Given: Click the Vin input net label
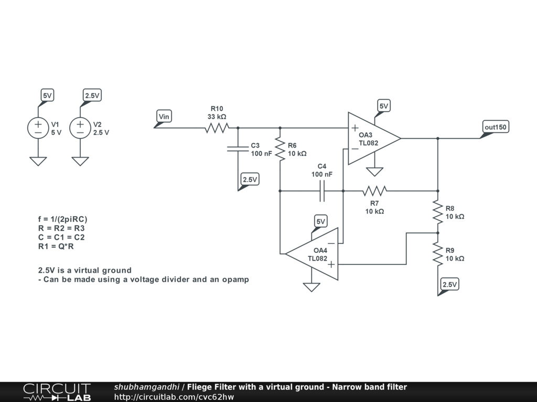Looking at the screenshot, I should pyautogui.click(x=164, y=116).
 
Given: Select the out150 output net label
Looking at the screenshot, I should pyautogui.click(x=496, y=127).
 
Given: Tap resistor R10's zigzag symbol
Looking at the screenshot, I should pyautogui.click(x=217, y=128).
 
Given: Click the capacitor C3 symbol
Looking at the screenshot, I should pyautogui.click(x=238, y=149).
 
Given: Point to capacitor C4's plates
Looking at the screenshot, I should pyautogui.click(x=322, y=191).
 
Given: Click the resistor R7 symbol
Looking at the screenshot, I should pyautogui.click(x=374, y=191).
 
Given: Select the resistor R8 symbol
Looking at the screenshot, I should pyautogui.click(x=438, y=212).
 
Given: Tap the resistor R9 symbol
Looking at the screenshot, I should pyautogui.click(x=438, y=254).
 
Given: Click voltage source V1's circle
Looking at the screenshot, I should pyautogui.click(x=38, y=128).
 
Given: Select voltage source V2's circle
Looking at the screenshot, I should pyautogui.click(x=80, y=128).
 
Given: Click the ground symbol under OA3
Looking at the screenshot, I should pyautogui.click(x=374, y=172).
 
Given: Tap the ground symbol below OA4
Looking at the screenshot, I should pyautogui.click(x=312, y=287).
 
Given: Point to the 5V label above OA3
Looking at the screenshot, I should pyautogui.click(x=384, y=106).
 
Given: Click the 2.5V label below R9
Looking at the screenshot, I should pyautogui.click(x=450, y=285).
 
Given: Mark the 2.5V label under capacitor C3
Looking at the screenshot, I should pyautogui.click(x=250, y=180).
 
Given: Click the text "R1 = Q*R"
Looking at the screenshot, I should pyautogui.click(x=57, y=245).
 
